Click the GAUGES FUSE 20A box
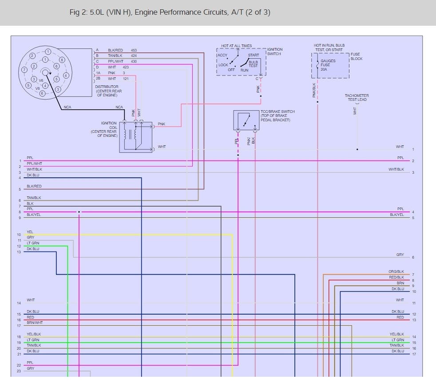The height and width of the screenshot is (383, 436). pyautogui.click(x=330, y=65)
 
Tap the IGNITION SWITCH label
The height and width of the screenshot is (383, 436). pyautogui.click(x=274, y=52)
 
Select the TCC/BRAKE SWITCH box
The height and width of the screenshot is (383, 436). pyautogui.click(x=246, y=120)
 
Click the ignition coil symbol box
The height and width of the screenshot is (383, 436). pyautogui.click(x=135, y=137)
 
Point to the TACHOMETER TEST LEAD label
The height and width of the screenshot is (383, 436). pyautogui.click(x=357, y=97)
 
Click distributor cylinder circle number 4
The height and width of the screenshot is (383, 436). pyautogui.click(x=66, y=75)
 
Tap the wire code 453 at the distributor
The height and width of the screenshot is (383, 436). pyautogui.click(x=134, y=50)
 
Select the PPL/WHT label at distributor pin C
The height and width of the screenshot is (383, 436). pyautogui.click(x=115, y=61)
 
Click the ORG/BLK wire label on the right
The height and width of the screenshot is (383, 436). pyautogui.click(x=396, y=271)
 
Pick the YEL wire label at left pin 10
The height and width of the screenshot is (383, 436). pyautogui.click(x=30, y=232)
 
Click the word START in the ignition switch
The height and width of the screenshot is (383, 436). pyautogui.click(x=253, y=56)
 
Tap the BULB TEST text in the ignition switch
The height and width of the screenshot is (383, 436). pyautogui.click(x=253, y=64)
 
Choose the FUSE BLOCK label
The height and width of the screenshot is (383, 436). pyautogui.click(x=356, y=56)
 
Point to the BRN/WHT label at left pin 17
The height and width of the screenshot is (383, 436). pyautogui.click(x=35, y=323)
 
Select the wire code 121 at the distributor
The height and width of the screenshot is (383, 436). pyautogui.click(x=126, y=79)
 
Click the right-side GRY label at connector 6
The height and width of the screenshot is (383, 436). pyautogui.click(x=400, y=255)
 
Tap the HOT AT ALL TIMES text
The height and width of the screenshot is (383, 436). pyautogui.click(x=236, y=46)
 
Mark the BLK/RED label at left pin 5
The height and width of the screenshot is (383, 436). pyautogui.click(x=34, y=186)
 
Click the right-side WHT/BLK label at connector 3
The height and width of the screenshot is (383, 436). pyautogui.click(x=396, y=169)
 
